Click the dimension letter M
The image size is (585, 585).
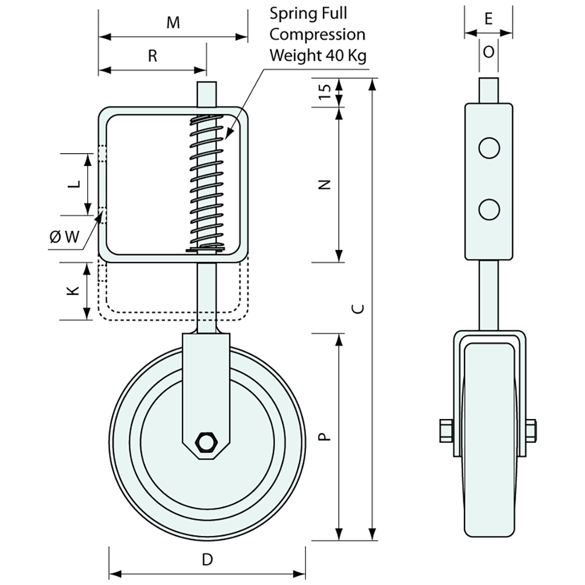(173, 22)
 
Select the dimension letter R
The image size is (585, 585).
(153, 56)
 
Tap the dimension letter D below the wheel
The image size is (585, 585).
(207, 559)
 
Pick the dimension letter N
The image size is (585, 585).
(326, 185)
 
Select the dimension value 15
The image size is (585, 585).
(326, 92)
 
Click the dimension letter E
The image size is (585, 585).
(488, 19)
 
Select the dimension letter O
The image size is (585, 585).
(488, 52)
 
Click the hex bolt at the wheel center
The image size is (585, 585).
(205, 442)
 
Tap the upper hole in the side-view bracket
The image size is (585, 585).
(489, 148)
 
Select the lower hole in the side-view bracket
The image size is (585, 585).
(489, 210)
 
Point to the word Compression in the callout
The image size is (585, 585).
(317, 35)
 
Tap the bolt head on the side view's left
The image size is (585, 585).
(446, 430)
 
